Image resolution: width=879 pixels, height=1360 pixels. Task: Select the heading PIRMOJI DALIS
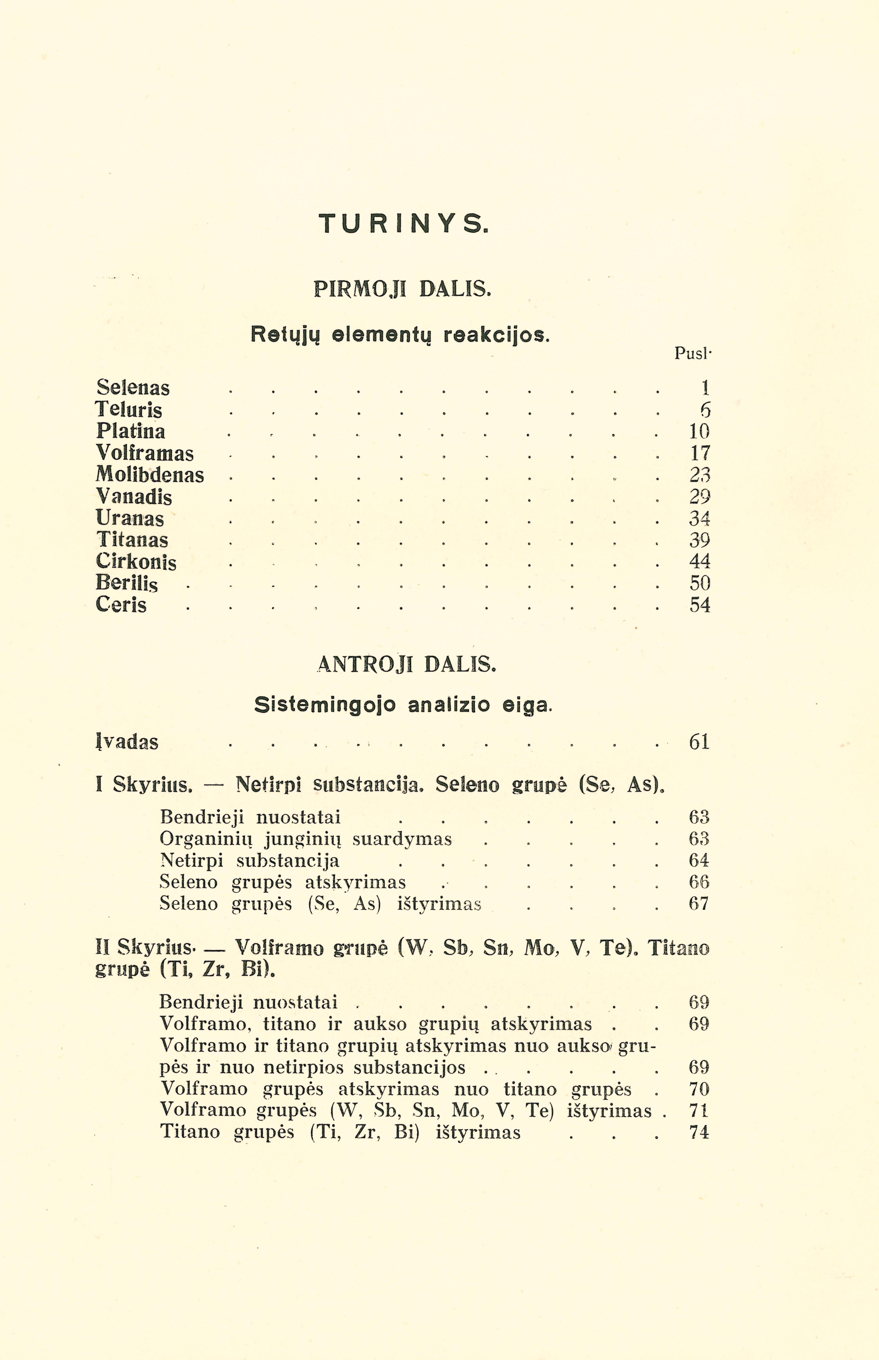(402, 290)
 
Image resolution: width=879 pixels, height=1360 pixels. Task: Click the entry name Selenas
(133, 388)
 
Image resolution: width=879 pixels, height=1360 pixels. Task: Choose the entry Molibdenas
(150, 475)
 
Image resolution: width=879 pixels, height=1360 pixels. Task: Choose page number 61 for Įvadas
(699, 742)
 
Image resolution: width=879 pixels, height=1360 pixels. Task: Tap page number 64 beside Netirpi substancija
(699, 860)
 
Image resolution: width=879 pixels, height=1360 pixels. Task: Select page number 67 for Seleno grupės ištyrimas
(699, 904)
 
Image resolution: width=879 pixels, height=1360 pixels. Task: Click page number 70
(699, 1089)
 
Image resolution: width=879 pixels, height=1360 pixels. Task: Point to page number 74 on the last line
(699, 1132)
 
